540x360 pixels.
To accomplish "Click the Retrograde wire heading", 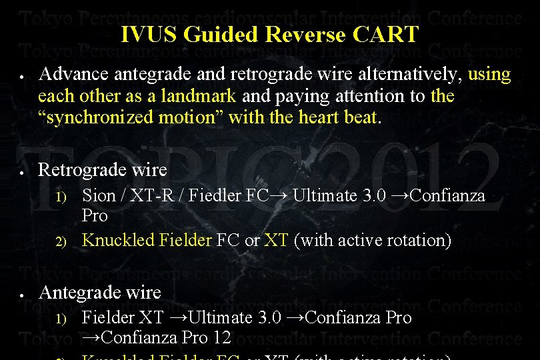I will [x=102, y=169].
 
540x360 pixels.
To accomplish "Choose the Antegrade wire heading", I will [x=100, y=292].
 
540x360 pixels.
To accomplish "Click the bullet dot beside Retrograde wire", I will [x=22, y=171].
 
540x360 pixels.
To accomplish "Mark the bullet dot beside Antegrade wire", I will [x=22, y=294].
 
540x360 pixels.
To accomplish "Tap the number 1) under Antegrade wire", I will [x=61, y=319].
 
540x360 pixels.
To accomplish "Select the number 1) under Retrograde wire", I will [x=61, y=197].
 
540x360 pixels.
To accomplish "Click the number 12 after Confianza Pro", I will [x=222, y=338].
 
